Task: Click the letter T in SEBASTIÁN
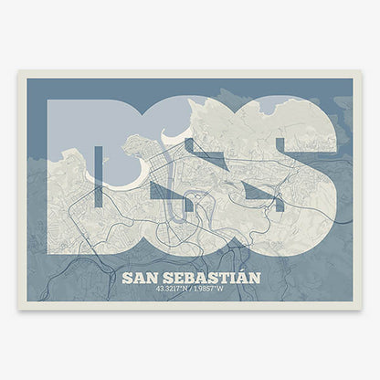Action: pyautogui.click(x=226, y=277)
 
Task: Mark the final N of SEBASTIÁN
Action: pyautogui.click(x=253, y=277)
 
